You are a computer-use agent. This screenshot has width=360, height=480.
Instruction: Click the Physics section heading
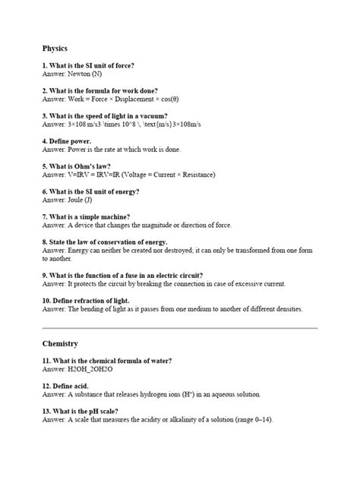pyautogui.click(x=55, y=48)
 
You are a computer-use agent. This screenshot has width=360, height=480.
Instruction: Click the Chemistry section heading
pyautogui.click(x=60, y=343)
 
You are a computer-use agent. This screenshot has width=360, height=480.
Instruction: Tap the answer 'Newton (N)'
pyautogui.click(x=84, y=74)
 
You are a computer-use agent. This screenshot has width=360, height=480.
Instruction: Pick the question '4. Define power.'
pyautogui.click(x=67, y=141)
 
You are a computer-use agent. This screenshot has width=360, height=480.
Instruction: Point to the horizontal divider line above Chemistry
pyautogui.click(x=179, y=328)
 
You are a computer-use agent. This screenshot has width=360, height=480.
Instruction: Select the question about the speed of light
pyautogui.click(x=105, y=116)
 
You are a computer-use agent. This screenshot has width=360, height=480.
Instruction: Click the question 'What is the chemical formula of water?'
pyautogui.click(x=107, y=360)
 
